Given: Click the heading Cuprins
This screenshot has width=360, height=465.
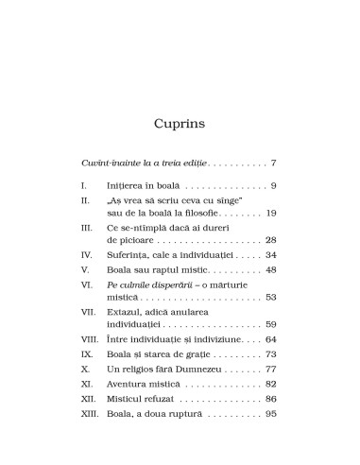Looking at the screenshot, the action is [x=180, y=124].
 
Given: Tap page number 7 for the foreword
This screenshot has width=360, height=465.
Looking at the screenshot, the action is [x=273, y=164].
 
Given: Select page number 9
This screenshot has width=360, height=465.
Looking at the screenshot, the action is [x=273, y=188].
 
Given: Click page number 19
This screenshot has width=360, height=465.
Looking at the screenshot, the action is [x=270, y=214].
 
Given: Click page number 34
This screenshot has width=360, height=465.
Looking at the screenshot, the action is [x=270, y=255].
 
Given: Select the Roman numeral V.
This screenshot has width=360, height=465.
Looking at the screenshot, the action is [x=85, y=269].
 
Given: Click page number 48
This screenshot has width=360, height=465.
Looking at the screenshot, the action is [x=270, y=269].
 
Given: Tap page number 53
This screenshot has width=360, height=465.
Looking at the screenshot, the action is [x=270, y=297].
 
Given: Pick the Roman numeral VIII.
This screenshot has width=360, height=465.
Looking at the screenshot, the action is [x=90, y=338].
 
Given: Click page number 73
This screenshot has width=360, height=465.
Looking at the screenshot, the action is [x=270, y=353].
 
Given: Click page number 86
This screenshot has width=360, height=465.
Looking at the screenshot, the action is [x=270, y=394].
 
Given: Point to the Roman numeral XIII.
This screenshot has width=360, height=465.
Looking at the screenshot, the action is [x=89, y=408].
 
